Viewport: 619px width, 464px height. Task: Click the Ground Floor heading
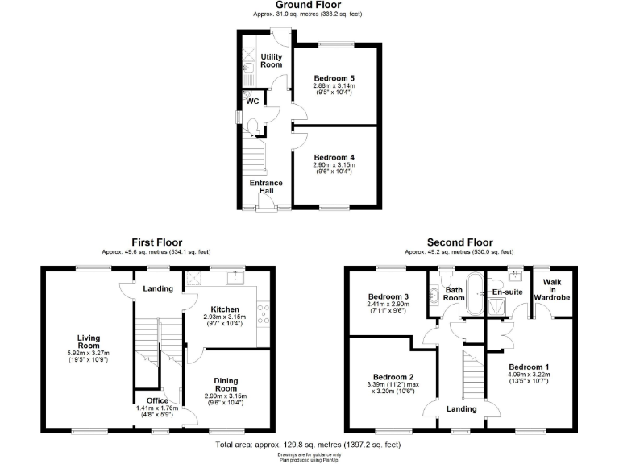[309, 5]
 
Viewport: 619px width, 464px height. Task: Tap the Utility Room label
[272, 60]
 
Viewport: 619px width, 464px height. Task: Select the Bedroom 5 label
[334, 78]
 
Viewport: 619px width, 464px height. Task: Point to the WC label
[252, 101]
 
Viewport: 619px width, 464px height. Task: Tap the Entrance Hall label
[266, 187]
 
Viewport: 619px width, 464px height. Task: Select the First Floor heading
[157, 242]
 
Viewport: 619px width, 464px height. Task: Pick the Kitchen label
[225, 309]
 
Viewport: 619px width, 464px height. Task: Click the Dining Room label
[226, 385]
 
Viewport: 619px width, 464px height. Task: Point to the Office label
[157, 400]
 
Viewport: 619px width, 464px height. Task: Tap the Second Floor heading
[459, 242]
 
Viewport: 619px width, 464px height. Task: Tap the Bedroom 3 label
[384, 296]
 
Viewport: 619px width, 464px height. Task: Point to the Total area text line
[309, 444]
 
